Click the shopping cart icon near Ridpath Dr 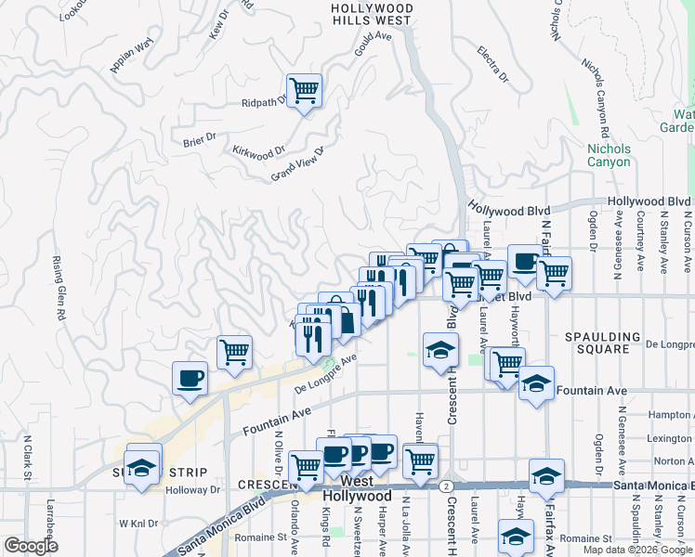304,91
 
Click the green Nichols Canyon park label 609,155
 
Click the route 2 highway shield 448,486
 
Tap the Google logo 31,546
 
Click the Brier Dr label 199,139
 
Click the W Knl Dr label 138,524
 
